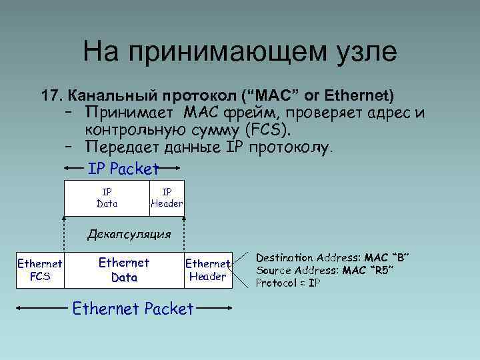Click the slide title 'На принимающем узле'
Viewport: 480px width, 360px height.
240,52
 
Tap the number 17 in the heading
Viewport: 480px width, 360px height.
51,95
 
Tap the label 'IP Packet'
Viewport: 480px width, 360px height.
124,169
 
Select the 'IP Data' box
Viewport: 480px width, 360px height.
107,199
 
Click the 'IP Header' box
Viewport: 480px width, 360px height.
167,199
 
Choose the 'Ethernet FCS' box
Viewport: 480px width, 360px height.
40,270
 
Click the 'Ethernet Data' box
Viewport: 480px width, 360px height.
124,270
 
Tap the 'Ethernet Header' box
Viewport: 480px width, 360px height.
207,270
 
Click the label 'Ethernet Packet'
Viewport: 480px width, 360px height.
133,309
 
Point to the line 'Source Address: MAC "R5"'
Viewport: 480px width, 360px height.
325,270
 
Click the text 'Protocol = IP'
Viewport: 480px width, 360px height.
289,283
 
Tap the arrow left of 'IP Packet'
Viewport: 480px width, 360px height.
74,169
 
